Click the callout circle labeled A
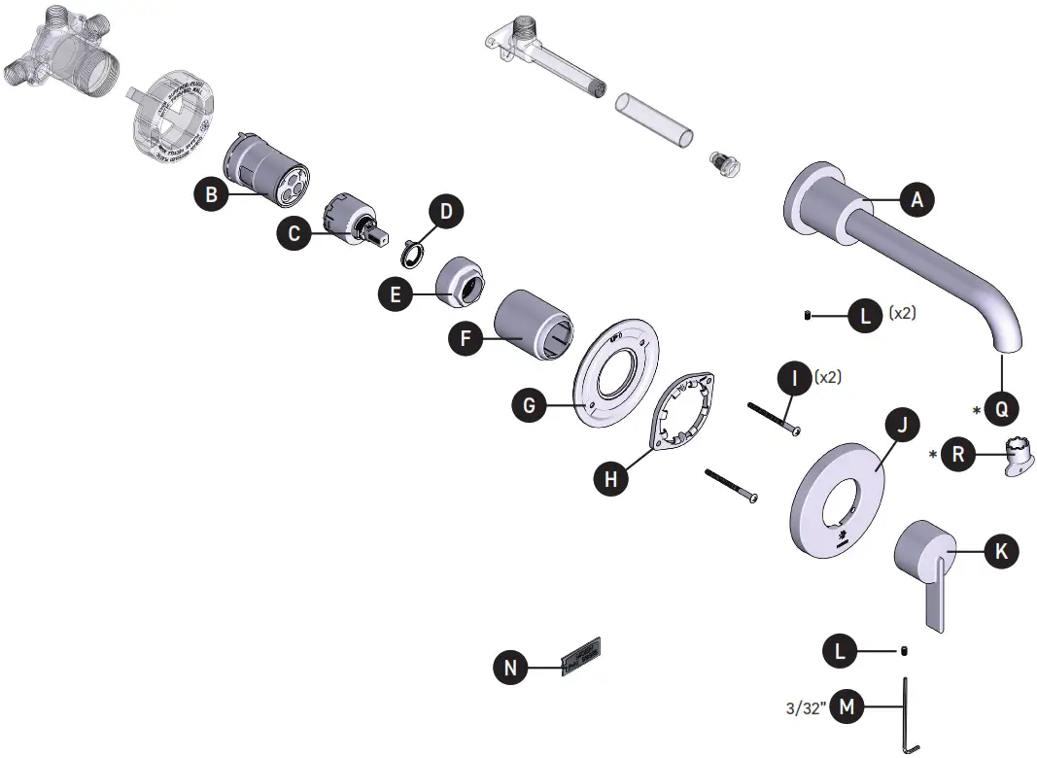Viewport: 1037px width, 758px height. pyautogui.click(x=916, y=200)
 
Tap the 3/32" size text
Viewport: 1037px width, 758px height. pyautogui.click(x=807, y=707)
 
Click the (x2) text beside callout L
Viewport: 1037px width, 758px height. pyautogui.click(x=903, y=314)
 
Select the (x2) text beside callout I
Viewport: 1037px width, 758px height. pyautogui.click(x=829, y=376)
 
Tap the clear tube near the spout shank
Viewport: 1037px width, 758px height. pyautogui.click(x=656, y=120)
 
